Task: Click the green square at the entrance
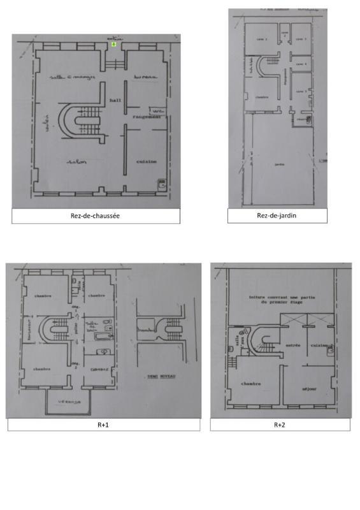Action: click(x=113, y=45)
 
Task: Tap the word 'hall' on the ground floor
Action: click(x=115, y=101)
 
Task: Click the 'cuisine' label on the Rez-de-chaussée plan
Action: click(x=147, y=162)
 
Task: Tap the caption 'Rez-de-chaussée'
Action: click(x=96, y=216)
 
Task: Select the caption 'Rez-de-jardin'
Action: click(x=277, y=216)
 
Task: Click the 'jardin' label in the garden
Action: click(x=278, y=164)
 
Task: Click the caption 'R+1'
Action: click(x=103, y=425)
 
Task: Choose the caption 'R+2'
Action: click(x=280, y=425)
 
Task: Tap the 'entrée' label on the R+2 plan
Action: click(x=293, y=346)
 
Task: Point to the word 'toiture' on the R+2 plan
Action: click(x=257, y=298)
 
